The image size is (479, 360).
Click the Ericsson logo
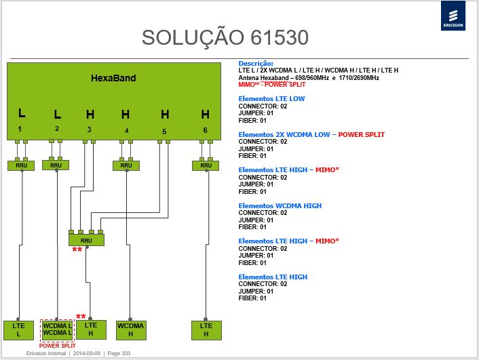(453, 16)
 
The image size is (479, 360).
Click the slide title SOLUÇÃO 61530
(225, 37)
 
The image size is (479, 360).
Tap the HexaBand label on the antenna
(113, 78)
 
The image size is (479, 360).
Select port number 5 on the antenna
(164, 132)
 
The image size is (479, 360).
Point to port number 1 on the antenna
(20, 129)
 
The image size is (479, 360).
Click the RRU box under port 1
(21, 165)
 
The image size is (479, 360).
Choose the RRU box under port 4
(126, 165)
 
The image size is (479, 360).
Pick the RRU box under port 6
(206, 165)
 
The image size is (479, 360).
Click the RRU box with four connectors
(86, 240)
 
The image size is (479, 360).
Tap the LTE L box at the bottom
(18, 330)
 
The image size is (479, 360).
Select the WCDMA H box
(131, 330)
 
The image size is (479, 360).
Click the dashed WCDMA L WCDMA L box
(58, 330)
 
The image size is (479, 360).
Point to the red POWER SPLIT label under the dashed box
(58, 346)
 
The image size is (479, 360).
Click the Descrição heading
(256, 64)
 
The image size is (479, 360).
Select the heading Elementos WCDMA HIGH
(280, 206)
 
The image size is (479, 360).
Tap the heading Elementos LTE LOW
(271, 98)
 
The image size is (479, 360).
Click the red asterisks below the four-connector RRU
(77, 250)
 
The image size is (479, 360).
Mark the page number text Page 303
(119, 353)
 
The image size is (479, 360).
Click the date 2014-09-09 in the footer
(86, 353)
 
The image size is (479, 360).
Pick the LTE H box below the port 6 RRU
(206, 330)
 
